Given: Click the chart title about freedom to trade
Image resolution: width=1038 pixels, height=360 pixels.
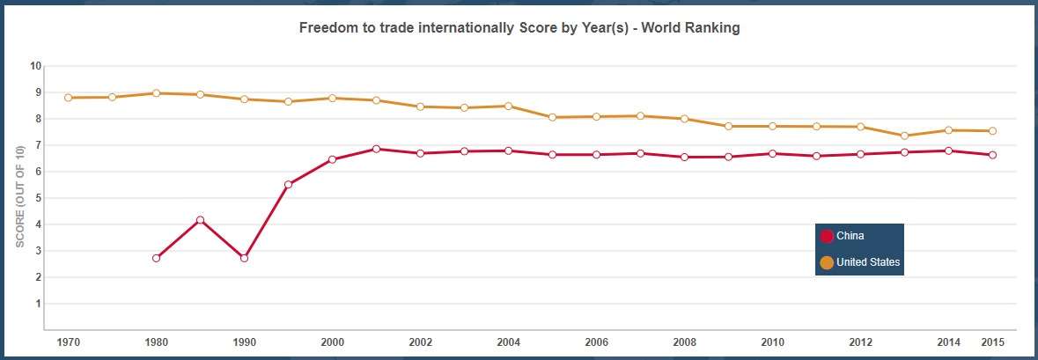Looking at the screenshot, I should pos(519,28).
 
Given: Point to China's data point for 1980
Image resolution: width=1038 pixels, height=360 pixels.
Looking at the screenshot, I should pos(156,258).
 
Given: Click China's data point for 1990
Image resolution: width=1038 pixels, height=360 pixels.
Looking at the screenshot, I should pos(244,258).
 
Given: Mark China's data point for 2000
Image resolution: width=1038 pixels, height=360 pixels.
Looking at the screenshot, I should pos(332,159).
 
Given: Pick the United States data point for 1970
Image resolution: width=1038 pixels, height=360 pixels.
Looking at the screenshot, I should pos(68,98).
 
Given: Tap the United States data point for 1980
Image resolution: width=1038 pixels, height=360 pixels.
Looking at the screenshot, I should pos(156,92).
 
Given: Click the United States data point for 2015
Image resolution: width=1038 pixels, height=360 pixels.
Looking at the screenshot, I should pos(992,131).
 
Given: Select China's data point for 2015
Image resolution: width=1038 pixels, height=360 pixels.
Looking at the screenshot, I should pos(992,155).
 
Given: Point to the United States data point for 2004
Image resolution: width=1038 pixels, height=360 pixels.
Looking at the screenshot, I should pos(508,106).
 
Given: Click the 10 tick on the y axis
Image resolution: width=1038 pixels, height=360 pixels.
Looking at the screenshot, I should pos(36,66).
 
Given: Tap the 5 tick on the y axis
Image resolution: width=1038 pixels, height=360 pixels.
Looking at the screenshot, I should pos(36,198).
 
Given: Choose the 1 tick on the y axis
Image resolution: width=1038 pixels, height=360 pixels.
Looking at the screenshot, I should pos(36,304).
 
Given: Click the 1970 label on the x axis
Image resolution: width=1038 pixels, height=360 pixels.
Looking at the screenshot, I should pos(68,342).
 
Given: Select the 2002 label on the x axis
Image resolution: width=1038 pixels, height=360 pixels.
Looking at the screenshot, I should pos(420,342).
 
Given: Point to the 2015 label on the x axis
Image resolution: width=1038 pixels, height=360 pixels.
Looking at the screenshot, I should pos(992,342).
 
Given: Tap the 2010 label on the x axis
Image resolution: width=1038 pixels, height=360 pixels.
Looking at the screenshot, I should pos(772,342).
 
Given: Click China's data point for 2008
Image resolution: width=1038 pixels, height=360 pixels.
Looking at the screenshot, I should pos(684,157).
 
